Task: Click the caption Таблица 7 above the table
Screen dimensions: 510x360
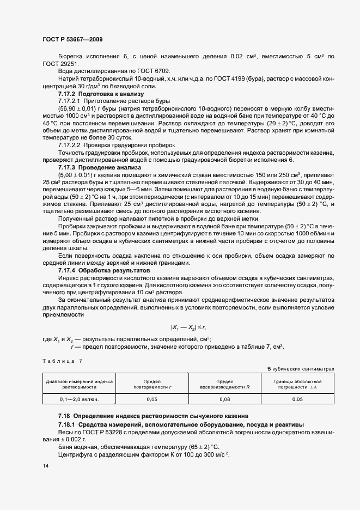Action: point(62,361)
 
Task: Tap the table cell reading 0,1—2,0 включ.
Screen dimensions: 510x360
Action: point(80,399)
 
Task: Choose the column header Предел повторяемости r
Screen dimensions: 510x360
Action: point(152,384)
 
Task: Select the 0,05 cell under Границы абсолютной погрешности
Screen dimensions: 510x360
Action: point(297,399)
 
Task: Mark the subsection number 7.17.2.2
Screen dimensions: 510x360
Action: point(70,145)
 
